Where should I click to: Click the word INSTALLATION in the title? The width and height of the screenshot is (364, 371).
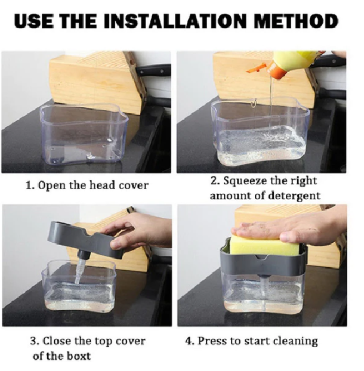(175, 21)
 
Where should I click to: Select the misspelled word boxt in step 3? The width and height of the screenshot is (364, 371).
(79, 356)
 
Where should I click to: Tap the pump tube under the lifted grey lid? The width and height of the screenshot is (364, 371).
(80, 270)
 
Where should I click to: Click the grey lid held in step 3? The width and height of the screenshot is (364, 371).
(85, 239)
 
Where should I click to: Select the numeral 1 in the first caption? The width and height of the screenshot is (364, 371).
(29, 185)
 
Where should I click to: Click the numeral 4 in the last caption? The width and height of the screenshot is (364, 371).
(189, 341)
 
